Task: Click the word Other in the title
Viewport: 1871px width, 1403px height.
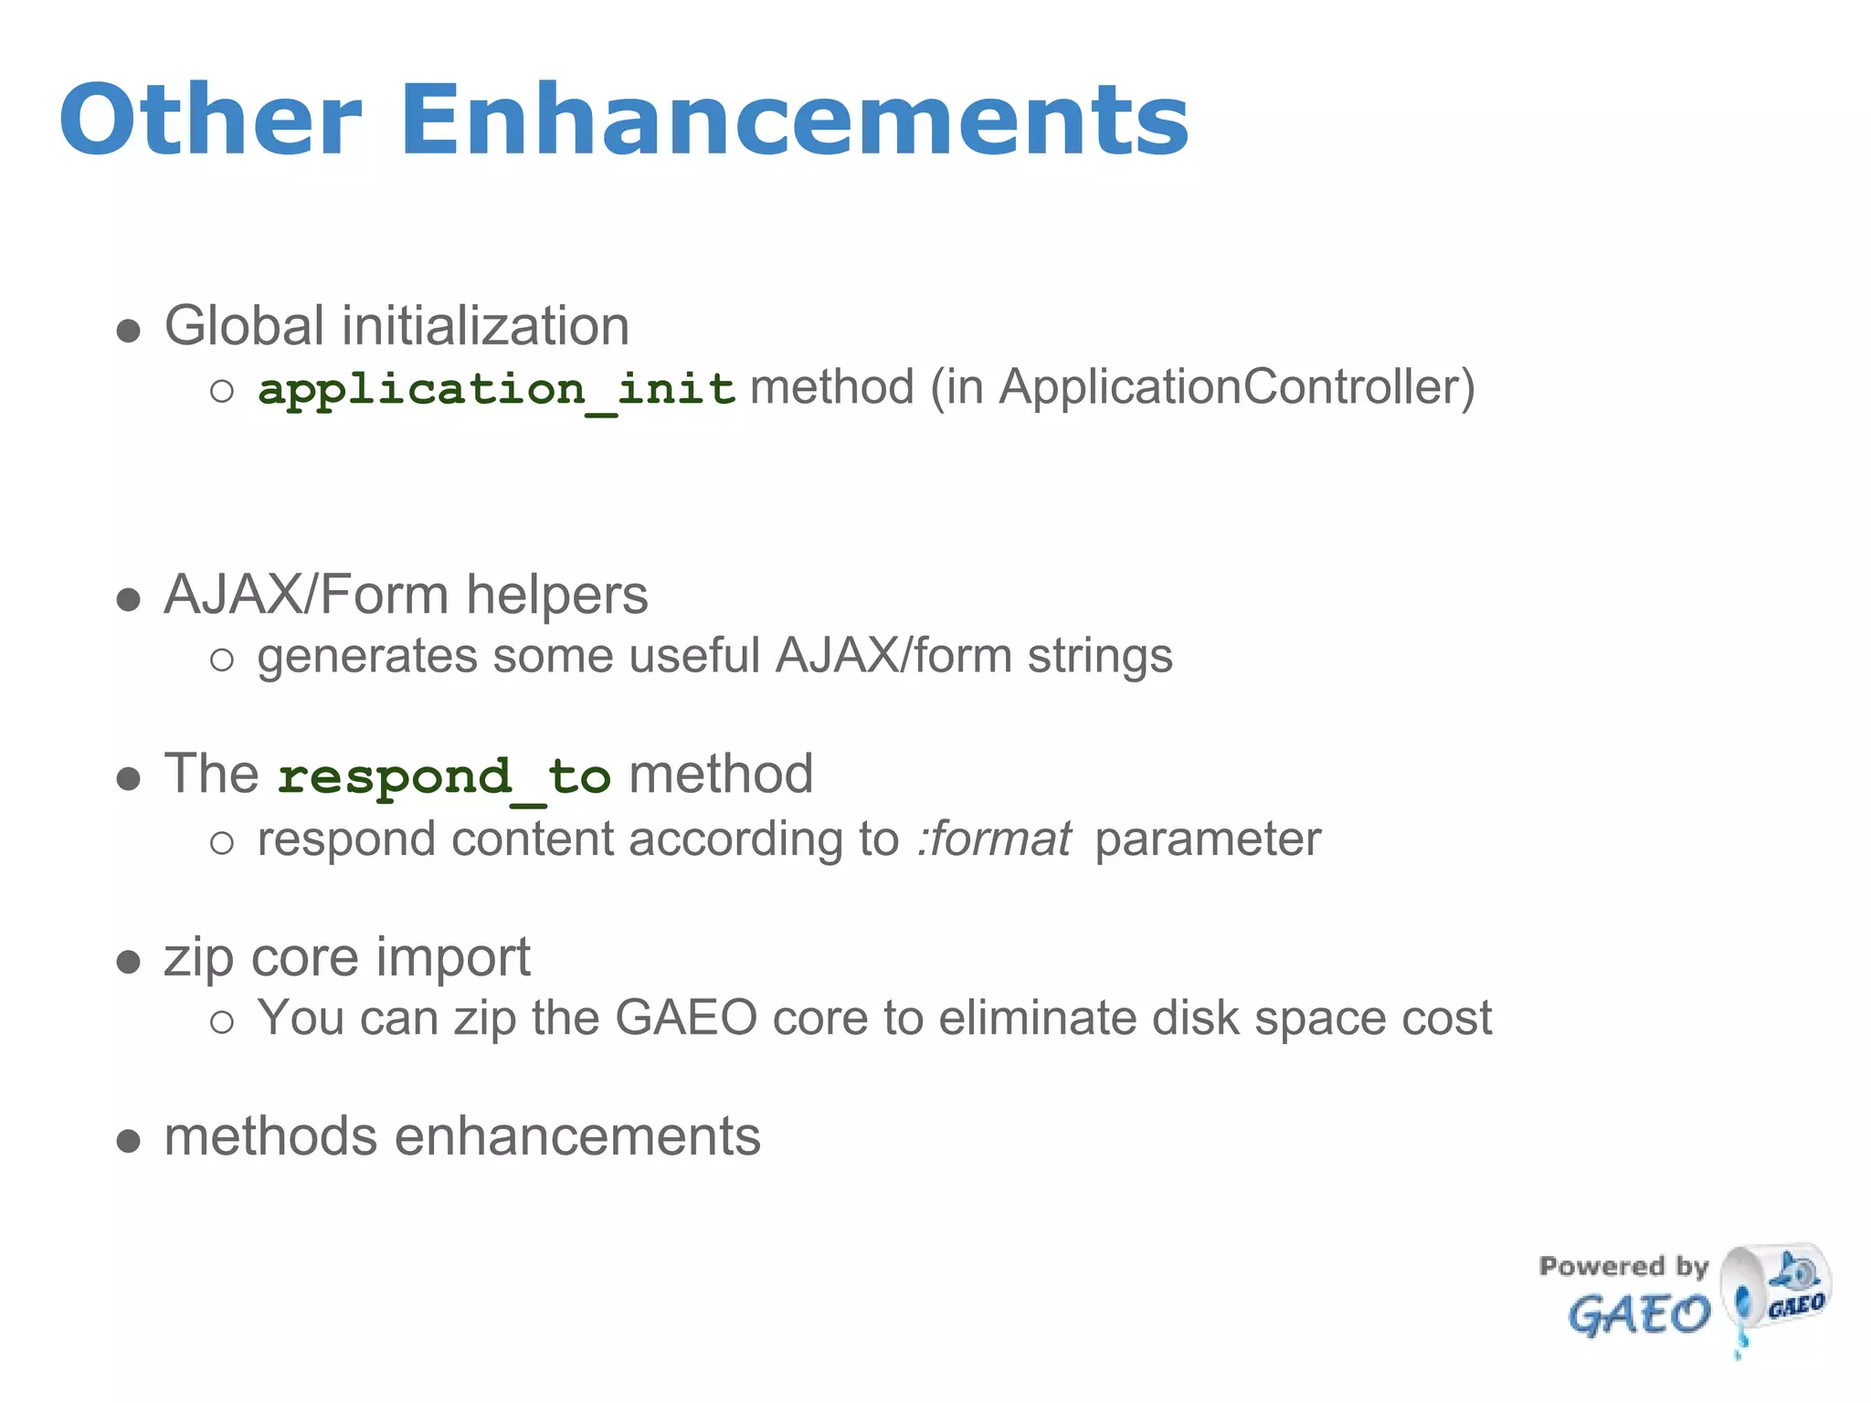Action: (210, 121)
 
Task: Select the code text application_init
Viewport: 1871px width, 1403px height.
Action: (496, 390)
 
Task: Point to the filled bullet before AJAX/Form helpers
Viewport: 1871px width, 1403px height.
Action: (129, 600)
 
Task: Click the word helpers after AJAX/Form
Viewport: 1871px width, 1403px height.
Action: (556, 596)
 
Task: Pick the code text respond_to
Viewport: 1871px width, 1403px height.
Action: (444, 777)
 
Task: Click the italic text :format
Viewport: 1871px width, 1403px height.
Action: (994, 839)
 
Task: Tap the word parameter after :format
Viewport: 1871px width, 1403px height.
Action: (1207, 839)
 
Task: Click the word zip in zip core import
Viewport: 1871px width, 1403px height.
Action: (198, 959)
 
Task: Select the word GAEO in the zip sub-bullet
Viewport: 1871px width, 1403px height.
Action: (685, 1018)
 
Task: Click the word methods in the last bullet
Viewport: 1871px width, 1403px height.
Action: (270, 1137)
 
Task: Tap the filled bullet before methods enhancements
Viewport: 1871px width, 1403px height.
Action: (129, 1141)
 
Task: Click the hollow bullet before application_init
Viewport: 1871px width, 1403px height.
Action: (222, 392)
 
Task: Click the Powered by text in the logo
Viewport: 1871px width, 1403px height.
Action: (1623, 1266)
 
